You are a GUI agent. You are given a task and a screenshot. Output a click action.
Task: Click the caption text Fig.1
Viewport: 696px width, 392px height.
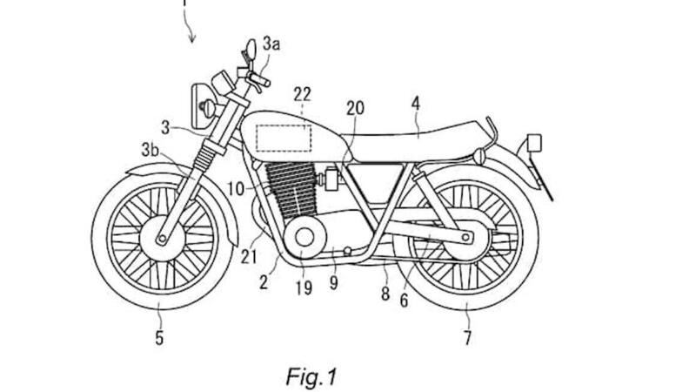click(311, 376)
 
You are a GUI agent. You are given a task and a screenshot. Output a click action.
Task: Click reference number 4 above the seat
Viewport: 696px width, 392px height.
click(416, 103)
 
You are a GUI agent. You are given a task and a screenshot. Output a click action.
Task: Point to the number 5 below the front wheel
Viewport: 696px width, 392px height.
click(159, 337)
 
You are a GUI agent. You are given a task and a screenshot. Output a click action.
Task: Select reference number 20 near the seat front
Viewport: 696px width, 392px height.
click(354, 108)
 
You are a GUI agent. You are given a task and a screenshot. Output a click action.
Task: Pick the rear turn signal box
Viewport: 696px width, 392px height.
click(532, 142)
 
